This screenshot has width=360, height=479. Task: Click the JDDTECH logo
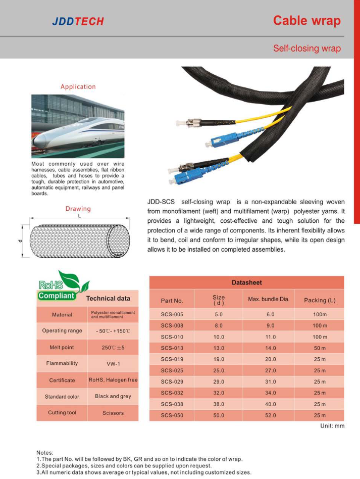tap(78, 21)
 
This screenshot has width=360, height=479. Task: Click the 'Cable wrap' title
tap(306, 21)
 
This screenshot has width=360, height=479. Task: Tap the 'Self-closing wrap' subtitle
tap(306, 49)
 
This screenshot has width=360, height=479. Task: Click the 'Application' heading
tap(78, 87)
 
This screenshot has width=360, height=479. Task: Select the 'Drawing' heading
tap(78, 209)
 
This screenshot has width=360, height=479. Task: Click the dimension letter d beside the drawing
tap(19, 240)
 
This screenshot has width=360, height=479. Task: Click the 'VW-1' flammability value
tap(113, 363)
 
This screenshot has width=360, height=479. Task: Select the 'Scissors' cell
tap(113, 413)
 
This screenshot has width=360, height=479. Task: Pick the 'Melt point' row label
tap(62, 348)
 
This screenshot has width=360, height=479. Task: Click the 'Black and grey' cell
tap(113, 397)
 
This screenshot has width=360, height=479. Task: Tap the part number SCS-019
tap(172, 359)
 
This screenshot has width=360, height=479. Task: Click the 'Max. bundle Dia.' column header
tap(269, 299)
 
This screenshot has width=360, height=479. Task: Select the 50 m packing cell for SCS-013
tap(320, 348)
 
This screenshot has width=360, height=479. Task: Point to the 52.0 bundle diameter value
tap(271, 415)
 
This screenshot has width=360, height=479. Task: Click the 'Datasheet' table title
tap(246, 283)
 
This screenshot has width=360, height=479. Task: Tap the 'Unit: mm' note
tap(332, 426)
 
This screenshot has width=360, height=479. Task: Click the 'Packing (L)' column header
tap(320, 300)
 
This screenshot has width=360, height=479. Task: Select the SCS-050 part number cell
tap(172, 415)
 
